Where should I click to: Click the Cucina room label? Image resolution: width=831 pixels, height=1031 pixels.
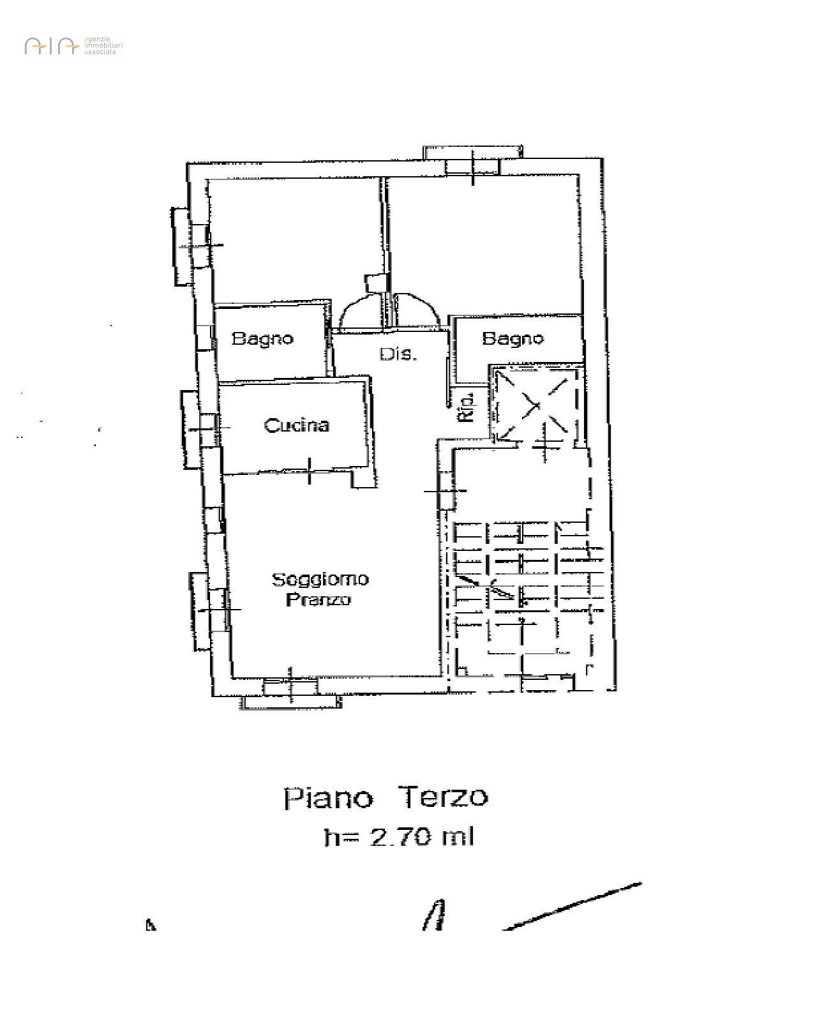(297, 425)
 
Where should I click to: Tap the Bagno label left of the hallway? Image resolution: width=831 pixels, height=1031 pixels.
(262, 338)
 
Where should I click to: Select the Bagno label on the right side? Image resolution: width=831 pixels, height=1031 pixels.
(513, 338)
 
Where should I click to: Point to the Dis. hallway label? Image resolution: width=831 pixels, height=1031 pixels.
(398, 354)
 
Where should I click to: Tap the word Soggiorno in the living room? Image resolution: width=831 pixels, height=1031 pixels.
(320, 580)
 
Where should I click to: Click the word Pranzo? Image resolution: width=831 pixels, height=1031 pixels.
(318, 600)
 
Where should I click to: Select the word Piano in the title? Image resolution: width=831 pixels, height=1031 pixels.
(328, 797)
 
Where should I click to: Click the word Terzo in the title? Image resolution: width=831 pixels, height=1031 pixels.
(443, 796)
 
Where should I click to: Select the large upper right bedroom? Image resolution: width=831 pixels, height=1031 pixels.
(485, 243)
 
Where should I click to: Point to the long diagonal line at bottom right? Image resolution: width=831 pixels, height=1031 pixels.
(573, 907)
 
